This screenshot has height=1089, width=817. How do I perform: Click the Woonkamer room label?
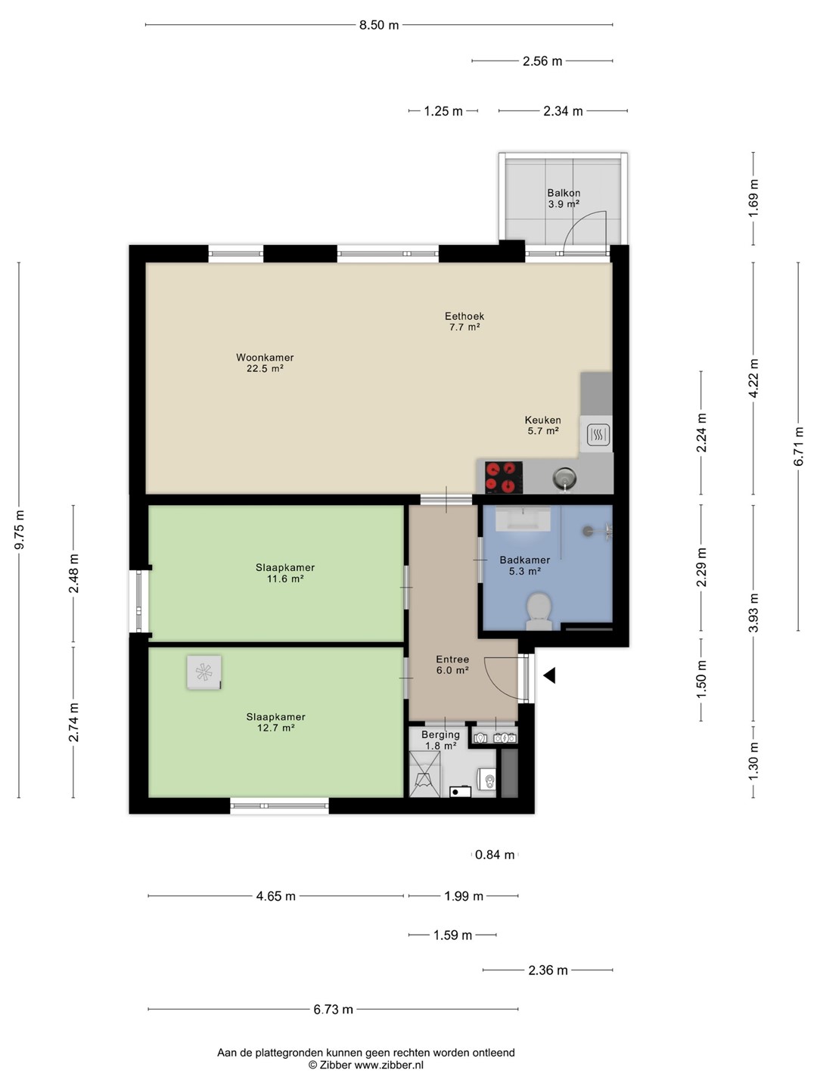point(265,357)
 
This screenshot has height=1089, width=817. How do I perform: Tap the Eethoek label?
point(464,316)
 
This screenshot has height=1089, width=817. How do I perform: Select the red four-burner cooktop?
point(504,477)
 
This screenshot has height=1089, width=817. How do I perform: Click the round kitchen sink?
point(564,478)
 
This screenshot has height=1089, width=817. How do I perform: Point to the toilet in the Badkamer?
point(539,611)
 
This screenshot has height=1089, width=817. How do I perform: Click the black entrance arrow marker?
point(549,675)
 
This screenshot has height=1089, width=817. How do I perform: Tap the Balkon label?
point(564,193)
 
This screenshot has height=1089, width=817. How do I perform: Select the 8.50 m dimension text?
point(379,25)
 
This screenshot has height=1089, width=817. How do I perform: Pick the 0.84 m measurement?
point(495,855)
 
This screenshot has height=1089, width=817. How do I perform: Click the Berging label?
point(440,734)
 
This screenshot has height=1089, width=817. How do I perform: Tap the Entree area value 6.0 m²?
point(452,670)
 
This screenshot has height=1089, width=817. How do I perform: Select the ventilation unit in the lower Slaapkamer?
point(204,672)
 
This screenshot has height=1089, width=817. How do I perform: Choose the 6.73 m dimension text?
point(333,1009)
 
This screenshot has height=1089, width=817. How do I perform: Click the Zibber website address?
point(388,1065)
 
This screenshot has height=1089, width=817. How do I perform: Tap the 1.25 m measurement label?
point(443,111)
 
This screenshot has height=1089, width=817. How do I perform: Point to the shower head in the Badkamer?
point(587,531)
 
